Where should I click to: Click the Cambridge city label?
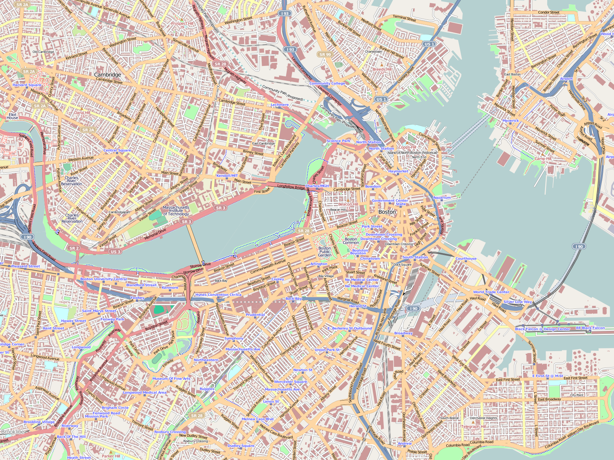[x=107, y=75]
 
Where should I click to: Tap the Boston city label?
[x=387, y=212]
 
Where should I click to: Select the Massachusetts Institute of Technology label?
[x=176, y=211]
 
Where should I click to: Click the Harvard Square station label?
[x=27, y=85]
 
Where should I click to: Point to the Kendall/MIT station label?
[x=227, y=176]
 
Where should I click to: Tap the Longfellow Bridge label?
[x=291, y=187]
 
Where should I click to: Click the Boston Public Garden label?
[x=325, y=251]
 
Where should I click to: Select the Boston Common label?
[x=351, y=241]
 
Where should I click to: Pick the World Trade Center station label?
[x=491, y=292]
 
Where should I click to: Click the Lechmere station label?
[x=279, y=105]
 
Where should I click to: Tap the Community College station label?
[x=327, y=84]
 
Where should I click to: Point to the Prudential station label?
[x=255, y=315]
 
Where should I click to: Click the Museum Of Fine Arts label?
[x=171, y=379]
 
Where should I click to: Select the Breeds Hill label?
[x=382, y=69]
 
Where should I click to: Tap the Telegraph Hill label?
[x=473, y=427]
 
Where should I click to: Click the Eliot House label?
[x=12, y=116]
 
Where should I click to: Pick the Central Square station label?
[x=117, y=150]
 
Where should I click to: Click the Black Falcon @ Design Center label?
[x=542, y=329]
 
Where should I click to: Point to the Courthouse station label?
[x=466, y=259]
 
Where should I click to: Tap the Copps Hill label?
[x=407, y=147]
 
